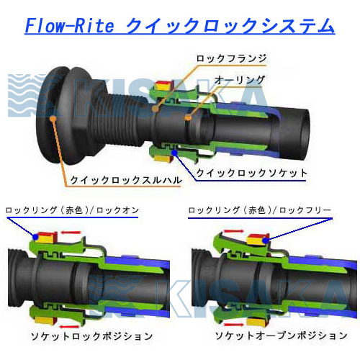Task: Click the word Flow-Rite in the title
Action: [x=69, y=26]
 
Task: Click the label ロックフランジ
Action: [x=231, y=58]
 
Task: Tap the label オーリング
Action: [x=239, y=80]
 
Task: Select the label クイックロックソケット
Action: [x=251, y=173]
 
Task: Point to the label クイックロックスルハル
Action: [x=125, y=180]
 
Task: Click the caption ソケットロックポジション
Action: [x=91, y=336]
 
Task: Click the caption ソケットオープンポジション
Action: [x=281, y=336]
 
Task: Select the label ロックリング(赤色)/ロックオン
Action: [x=72, y=210]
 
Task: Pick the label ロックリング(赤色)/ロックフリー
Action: [x=259, y=210]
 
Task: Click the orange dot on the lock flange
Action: [x=156, y=109]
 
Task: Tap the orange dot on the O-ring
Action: [x=189, y=117]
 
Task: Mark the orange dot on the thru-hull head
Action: [x=53, y=118]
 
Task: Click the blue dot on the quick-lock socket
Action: [x=175, y=152]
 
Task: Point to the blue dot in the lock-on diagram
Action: [x=35, y=237]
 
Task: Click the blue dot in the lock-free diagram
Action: [x=265, y=240]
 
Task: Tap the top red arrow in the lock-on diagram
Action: [x=71, y=233]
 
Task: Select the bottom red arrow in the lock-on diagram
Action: [x=69, y=327]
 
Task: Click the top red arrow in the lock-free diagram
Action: [x=234, y=231]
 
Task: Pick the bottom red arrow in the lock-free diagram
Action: [x=233, y=325]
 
